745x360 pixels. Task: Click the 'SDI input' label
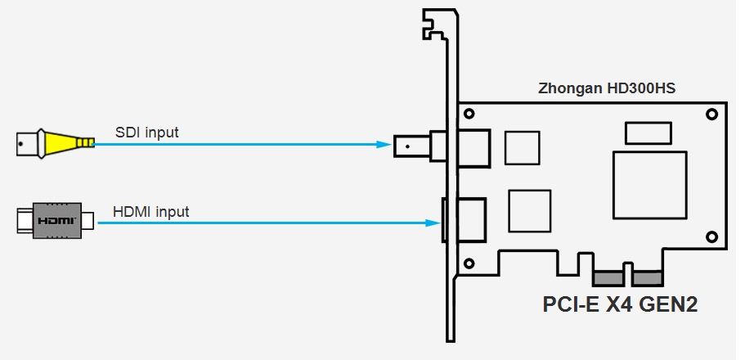147,131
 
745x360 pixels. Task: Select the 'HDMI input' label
151,212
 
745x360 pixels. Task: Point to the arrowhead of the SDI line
384,145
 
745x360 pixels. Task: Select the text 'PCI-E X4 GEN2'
619,304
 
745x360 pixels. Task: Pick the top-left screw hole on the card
470,114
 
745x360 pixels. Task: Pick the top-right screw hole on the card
711,114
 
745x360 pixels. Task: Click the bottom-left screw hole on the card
470,263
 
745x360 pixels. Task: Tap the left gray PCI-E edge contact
607,277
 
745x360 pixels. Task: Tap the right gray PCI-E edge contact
648,277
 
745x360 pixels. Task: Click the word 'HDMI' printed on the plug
56,221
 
